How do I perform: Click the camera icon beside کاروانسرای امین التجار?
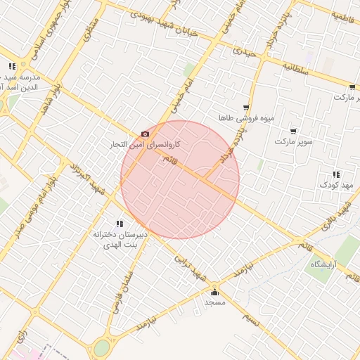point(146,134)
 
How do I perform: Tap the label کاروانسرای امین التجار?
point(144,144)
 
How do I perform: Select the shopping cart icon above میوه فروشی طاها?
point(245,107)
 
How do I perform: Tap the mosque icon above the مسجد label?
point(214,292)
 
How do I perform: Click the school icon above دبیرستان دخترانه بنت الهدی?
point(118,224)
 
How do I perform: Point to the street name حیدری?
point(245,51)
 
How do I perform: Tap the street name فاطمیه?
point(345,15)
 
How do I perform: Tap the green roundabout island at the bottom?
point(102,347)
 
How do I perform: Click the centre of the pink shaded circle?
point(180,179)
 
